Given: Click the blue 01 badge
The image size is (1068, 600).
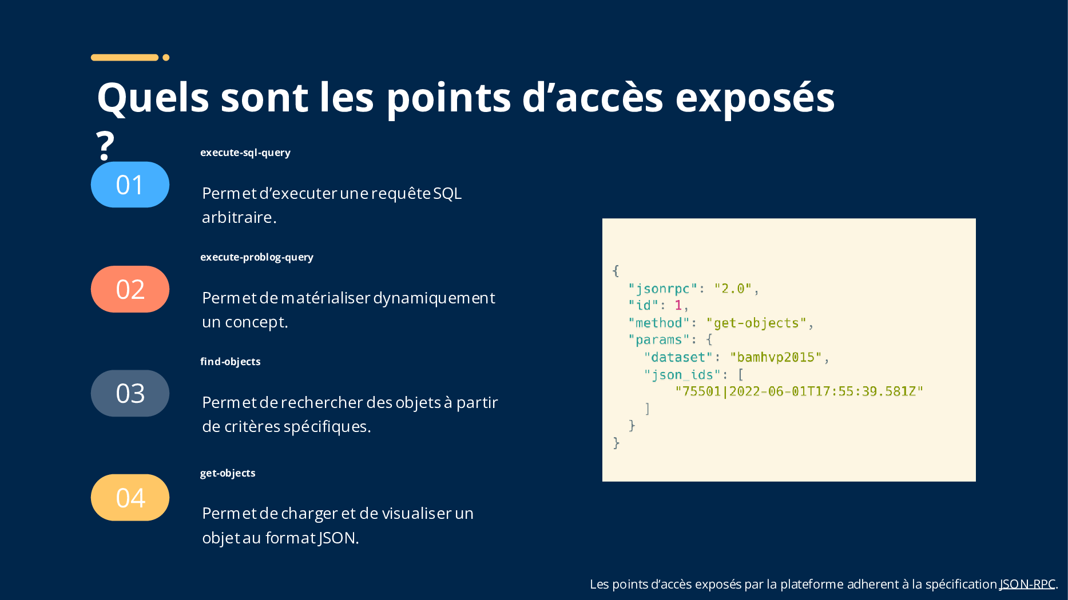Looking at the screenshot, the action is [130, 185].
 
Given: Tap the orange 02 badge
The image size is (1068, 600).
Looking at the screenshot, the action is [130, 289].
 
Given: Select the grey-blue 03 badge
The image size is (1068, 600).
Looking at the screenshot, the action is [130, 393].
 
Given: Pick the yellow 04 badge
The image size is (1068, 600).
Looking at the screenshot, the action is [130, 498].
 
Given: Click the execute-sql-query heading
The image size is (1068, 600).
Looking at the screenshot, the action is [245, 153].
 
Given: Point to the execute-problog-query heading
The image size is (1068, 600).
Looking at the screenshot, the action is [257, 257].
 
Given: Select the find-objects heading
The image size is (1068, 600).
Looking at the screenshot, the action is [231, 362].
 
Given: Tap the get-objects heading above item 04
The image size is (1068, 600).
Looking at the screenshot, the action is [228, 473].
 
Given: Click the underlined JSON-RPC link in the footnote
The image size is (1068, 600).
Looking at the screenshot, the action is [1027, 584].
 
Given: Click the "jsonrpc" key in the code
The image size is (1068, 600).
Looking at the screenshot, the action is [663, 289].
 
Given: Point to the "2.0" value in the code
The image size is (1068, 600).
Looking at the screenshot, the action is [733, 289].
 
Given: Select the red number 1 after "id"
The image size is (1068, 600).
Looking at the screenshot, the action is [678, 305].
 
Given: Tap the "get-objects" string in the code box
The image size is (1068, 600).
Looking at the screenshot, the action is [756, 323].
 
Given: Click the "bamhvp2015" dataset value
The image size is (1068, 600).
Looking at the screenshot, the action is [776, 357].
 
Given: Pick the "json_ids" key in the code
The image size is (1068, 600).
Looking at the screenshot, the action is [682, 375].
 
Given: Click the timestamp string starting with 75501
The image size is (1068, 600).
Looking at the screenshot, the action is [799, 391].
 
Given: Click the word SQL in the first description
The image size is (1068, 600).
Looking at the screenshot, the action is [447, 193].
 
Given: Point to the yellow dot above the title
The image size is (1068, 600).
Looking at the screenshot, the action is [166, 57].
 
